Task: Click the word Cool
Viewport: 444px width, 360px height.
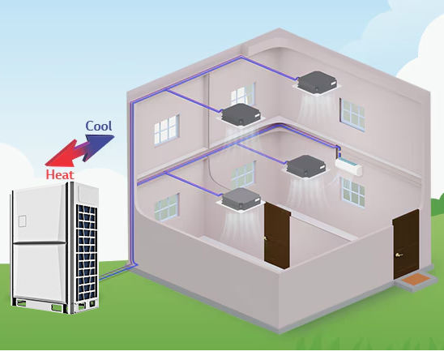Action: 99,126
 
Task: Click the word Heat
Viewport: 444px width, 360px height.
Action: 60,174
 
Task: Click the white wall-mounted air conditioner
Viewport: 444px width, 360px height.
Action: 348,166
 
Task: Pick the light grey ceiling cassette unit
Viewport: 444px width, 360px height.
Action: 241,199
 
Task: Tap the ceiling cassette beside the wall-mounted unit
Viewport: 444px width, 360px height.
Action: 306,167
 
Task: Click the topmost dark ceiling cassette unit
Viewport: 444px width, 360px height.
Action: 318,83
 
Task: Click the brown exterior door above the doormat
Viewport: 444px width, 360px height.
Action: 405,244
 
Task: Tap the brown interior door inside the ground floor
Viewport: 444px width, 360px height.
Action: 277,236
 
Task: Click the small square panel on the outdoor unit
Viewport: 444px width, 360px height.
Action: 23,221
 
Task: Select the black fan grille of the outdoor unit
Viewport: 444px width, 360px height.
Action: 87,252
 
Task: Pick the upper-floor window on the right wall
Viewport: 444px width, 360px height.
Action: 352,114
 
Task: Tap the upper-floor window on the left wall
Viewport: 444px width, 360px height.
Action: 167,130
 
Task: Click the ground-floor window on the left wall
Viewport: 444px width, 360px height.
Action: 167,208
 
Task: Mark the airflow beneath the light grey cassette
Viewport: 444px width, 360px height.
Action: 241,227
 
